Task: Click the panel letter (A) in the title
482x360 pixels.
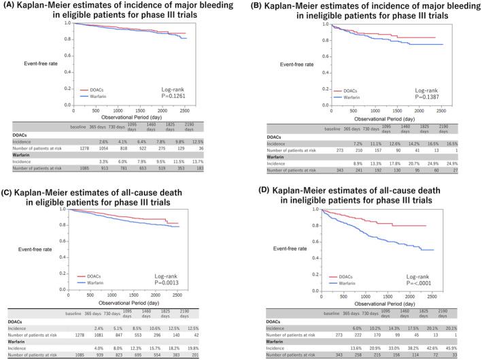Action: [x=10, y=6]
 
